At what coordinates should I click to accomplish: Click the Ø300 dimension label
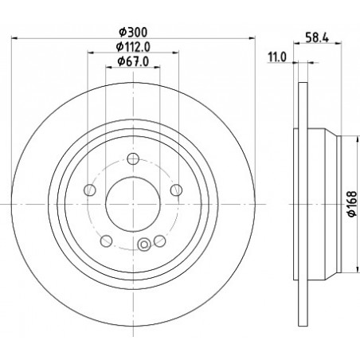pyautogui.click(x=133, y=33)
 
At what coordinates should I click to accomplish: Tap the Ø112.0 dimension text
pyautogui.click(x=133, y=47)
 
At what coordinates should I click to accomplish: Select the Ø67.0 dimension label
pyautogui.click(x=133, y=61)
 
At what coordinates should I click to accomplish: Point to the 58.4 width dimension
pyautogui.click(x=317, y=37)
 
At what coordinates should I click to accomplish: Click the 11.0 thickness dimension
pyautogui.click(x=277, y=57)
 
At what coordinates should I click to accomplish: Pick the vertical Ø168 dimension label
pyautogui.click(x=353, y=204)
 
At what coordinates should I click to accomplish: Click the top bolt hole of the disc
pyautogui.click(x=133, y=158)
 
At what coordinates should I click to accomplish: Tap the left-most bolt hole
pyautogui.click(x=90, y=190)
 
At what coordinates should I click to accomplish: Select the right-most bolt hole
pyautogui.click(x=176, y=190)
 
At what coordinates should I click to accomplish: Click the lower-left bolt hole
pyautogui.click(x=106, y=241)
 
